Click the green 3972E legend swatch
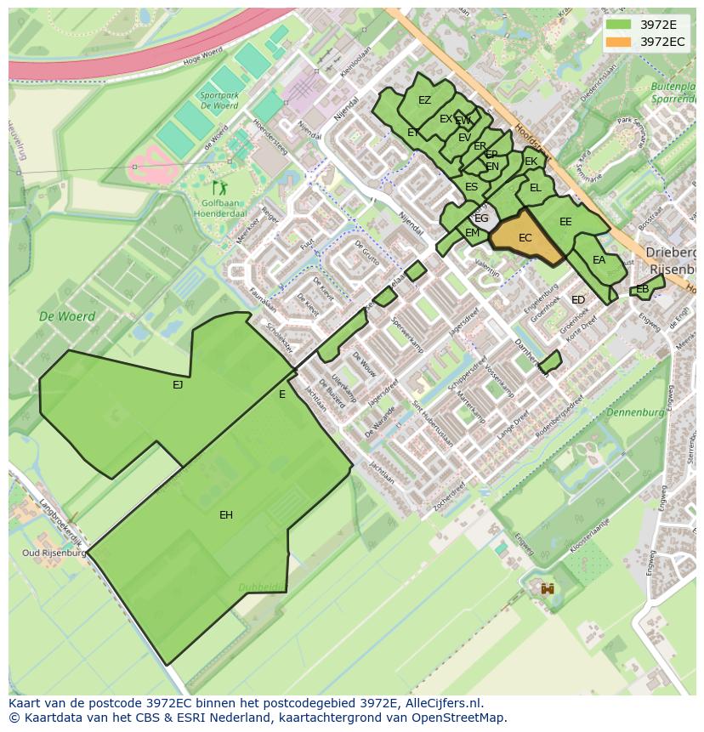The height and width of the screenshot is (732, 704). click(x=618, y=25)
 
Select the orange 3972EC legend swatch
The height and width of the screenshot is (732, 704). click(x=618, y=42)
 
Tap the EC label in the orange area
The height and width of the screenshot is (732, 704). click(x=525, y=238)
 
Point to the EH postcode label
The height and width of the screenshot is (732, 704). click(x=226, y=515)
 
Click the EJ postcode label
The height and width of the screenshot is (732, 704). click(x=178, y=385)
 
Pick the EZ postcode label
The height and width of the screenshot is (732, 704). click(x=424, y=100)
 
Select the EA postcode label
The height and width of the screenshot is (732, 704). click(x=599, y=260)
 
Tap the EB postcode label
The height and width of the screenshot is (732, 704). click(x=642, y=289)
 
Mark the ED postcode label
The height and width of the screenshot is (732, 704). click(x=578, y=300)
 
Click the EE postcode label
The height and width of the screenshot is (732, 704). click(x=565, y=222)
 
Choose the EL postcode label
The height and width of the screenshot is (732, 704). click(x=535, y=188)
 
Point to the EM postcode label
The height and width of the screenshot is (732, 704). click(x=472, y=233)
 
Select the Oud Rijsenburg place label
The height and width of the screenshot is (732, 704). click(x=54, y=553)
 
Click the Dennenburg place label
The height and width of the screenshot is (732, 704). click(x=635, y=412)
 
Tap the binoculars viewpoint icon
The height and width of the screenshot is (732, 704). click(x=548, y=588)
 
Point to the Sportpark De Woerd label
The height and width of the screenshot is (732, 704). click(x=218, y=101)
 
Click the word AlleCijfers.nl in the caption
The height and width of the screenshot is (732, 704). click(x=442, y=704)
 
